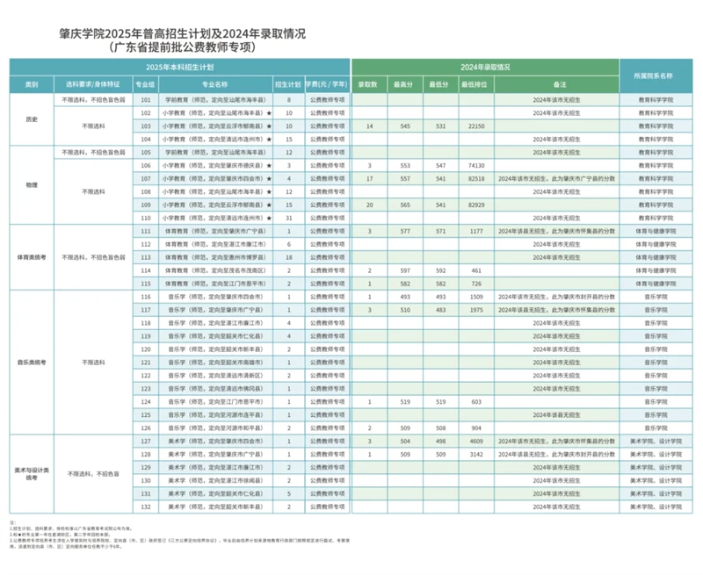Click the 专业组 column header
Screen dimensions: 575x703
145,84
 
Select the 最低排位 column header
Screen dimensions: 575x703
477,84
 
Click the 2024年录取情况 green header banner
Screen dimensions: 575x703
485,67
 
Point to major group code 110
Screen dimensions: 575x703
145,217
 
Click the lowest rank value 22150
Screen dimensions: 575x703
477,126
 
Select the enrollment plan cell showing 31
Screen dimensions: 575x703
289,217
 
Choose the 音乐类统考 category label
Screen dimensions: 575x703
33,361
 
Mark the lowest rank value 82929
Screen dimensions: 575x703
477,204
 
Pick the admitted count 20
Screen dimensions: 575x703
370,204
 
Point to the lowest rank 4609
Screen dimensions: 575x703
477,441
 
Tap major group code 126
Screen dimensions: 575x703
145,427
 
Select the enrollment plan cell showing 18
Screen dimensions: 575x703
289,257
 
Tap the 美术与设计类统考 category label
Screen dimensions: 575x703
33,474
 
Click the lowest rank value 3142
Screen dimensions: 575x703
477,455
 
